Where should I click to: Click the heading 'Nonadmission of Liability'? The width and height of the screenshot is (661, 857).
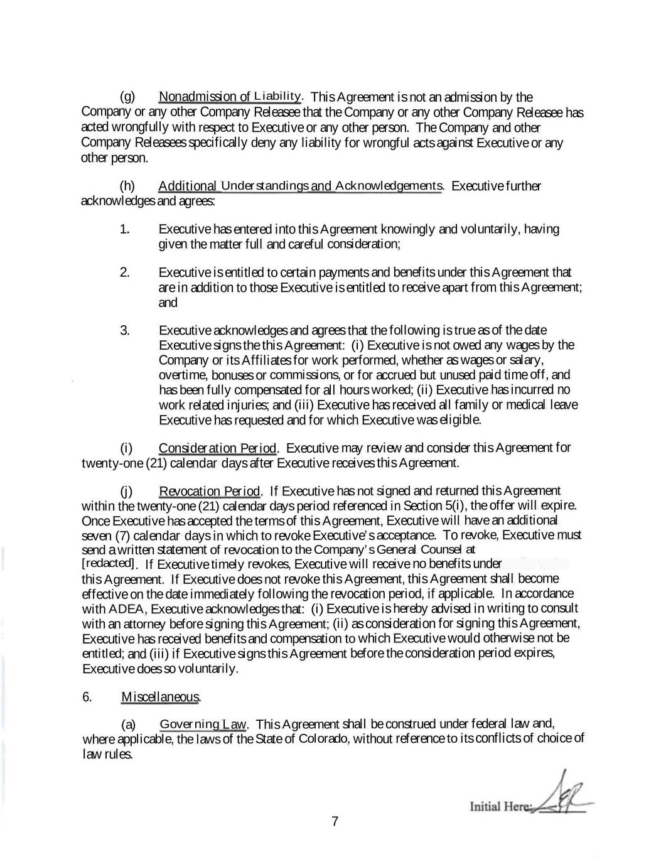point(230,97)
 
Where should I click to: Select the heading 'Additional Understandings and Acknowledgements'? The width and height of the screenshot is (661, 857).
point(300,186)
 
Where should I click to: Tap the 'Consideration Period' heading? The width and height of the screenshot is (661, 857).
point(217,448)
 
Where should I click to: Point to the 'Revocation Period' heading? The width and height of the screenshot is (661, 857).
point(210,491)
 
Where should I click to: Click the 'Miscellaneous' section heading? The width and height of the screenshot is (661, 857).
point(161,697)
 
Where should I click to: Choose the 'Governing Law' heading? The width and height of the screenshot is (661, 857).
point(203,725)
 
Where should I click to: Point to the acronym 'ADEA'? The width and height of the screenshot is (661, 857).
point(130,609)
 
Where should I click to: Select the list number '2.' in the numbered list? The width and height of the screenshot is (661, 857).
point(125,272)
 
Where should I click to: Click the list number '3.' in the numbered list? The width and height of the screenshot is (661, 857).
point(125,330)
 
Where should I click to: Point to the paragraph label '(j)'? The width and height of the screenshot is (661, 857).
point(127,491)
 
